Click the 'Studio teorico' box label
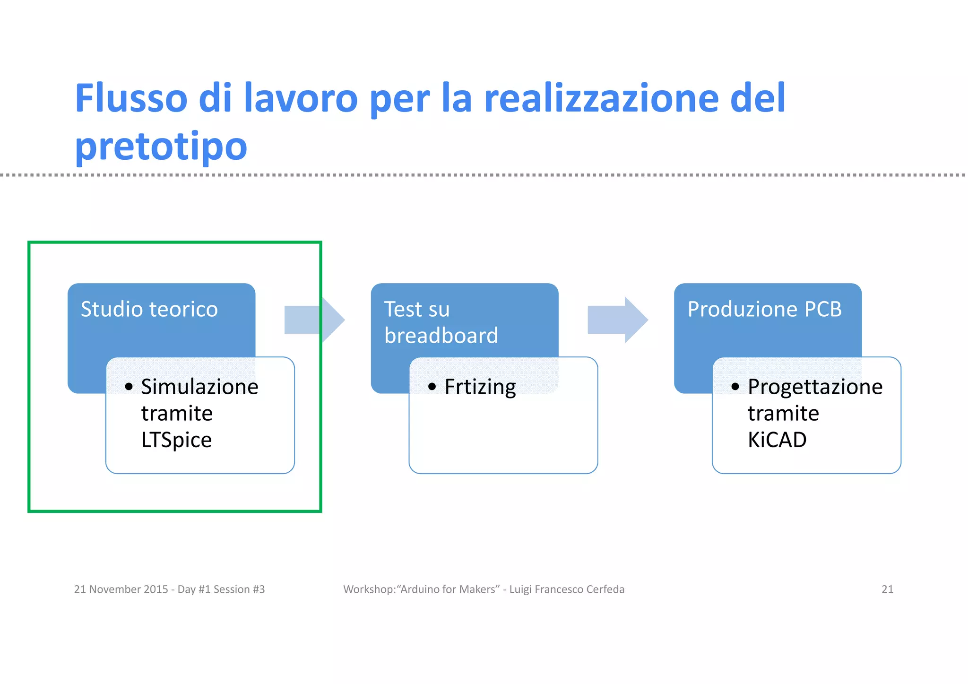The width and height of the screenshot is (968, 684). pos(149,309)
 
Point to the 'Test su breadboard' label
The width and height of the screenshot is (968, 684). pos(441,322)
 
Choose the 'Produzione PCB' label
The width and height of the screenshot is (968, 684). pos(764,309)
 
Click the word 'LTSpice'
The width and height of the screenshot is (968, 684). pos(176,440)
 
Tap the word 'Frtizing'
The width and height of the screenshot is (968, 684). pos(480,387)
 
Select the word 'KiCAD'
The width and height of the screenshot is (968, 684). pos(777,440)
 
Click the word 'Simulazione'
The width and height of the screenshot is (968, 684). pos(199,387)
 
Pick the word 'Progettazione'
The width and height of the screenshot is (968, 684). pos(815,387)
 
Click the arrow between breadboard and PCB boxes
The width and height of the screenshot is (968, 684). pos(617,320)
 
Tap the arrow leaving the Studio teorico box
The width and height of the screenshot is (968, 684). pos(314,320)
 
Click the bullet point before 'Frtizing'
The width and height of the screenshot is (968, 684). pos(432,387)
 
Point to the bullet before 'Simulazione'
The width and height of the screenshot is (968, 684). pos(129,387)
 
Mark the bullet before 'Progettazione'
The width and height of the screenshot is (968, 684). pos(735,387)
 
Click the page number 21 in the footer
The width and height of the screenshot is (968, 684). pos(887,589)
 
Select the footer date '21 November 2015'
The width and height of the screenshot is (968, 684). pos(121,589)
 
